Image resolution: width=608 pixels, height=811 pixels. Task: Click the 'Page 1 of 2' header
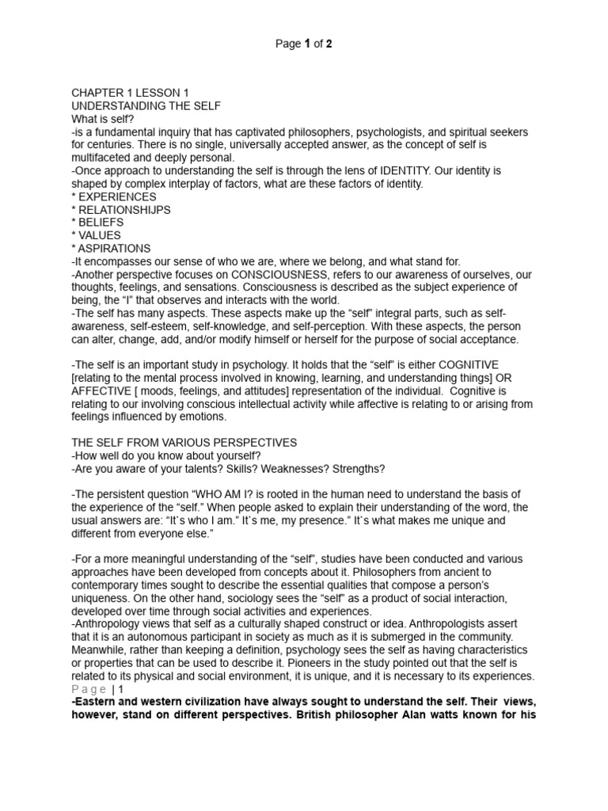click(303, 44)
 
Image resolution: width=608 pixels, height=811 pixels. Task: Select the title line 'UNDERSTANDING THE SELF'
click(146, 105)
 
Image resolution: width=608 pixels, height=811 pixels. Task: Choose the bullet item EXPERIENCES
click(117, 196)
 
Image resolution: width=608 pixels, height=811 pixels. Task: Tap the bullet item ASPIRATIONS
click(114, 248)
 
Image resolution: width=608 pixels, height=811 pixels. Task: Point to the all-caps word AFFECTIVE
click(104, 391)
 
